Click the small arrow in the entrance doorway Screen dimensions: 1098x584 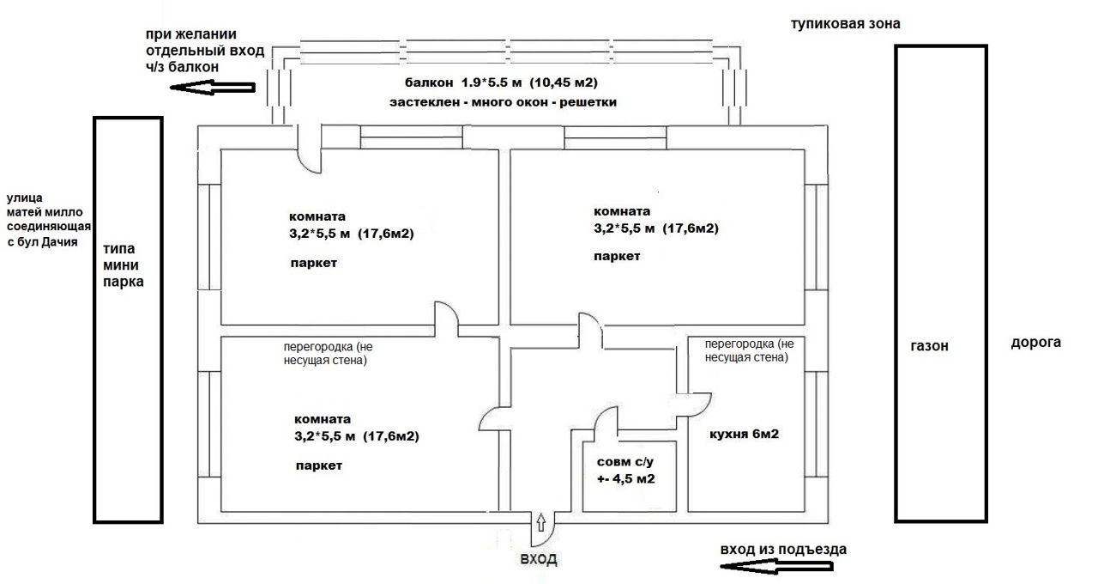point(541,523)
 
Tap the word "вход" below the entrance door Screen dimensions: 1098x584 point(538,559)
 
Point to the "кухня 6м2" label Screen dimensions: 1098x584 point(744,435)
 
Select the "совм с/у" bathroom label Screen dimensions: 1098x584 point(625,462)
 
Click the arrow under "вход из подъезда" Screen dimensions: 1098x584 point(777,567)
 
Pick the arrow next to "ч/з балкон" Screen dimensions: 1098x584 point(213,88)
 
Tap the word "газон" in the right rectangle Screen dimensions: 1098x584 point(929,346)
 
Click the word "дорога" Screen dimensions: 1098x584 point(1035,343)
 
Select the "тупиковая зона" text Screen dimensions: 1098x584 point(846,24)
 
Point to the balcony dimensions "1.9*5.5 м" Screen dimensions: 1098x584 point(492,82)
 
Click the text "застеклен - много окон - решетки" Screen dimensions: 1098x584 point(503,102)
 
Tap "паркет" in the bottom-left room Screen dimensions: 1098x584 point(318,465)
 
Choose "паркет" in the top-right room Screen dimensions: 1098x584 point(617,256)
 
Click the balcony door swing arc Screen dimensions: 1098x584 point(305,167)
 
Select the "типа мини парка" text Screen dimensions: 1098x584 point(123,265)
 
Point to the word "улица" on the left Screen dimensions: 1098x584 point(25,198)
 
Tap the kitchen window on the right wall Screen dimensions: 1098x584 point(817,424)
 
